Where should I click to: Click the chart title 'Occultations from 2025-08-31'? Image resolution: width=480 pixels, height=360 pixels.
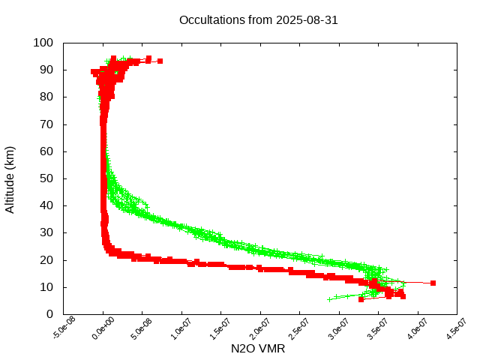tap(258, 20)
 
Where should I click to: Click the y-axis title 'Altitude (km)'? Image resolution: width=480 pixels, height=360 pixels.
tap(10, 178)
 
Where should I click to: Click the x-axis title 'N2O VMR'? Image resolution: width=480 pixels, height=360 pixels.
tap(258, 349)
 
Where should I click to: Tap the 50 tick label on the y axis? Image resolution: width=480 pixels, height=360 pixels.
tap(46, 178)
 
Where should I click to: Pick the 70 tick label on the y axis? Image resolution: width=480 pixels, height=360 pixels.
tap(46, 124)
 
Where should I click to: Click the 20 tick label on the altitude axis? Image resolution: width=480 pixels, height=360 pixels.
tap(46, 260)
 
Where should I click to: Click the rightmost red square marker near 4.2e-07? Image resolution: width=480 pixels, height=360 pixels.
tap(433, 283)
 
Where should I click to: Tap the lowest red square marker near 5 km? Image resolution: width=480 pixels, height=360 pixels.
tap(361, 299)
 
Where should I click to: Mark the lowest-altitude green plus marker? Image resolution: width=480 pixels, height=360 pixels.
tap(329, 299)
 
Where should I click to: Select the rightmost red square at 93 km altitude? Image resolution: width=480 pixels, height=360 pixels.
tap(160, 61)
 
